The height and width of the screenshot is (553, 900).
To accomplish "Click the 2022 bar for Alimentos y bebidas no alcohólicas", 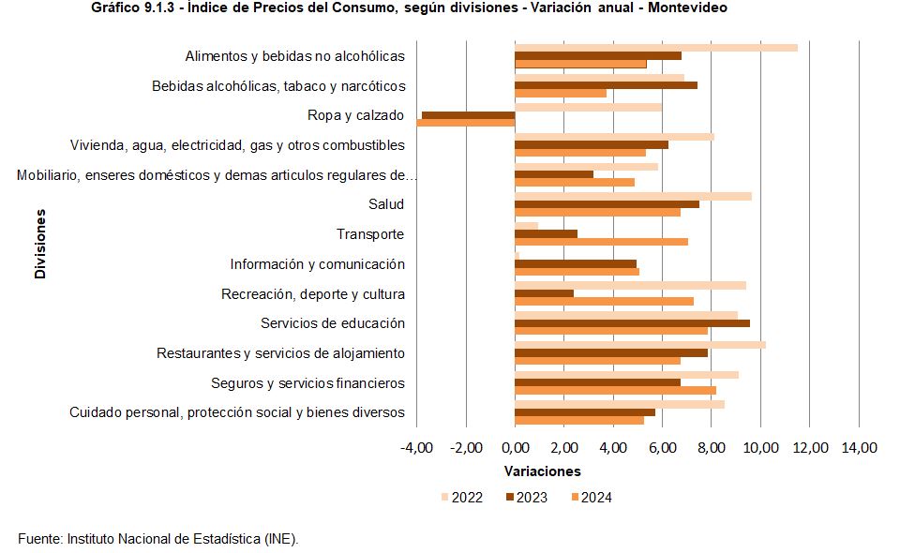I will (x=656, y=47).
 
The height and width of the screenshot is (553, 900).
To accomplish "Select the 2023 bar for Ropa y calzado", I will (x=469, y=115).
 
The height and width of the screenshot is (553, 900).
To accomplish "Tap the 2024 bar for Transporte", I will (x=601, y=242).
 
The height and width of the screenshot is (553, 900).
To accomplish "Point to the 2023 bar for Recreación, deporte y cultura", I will (x=544, y=293).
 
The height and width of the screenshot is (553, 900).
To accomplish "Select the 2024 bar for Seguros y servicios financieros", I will (x=615, y=390).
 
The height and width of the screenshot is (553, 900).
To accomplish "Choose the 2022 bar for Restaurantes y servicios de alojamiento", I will (x=640, y=345).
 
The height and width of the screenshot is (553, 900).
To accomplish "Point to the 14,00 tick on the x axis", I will (x=860, y=448).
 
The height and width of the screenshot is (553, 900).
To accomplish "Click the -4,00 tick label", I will (x=416, y=448).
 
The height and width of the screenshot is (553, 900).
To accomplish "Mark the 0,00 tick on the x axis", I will (x=515, y=448).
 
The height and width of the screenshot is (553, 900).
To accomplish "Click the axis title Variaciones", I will (x=542, y=471).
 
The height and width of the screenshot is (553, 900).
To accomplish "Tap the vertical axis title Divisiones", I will (x=40, y=244).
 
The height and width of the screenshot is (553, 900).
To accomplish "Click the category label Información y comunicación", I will (x=317, y=264).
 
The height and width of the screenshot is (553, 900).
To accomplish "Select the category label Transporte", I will (x=370, y=234).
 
